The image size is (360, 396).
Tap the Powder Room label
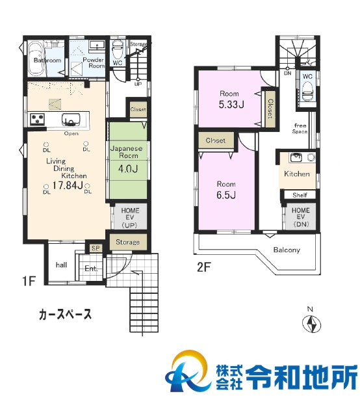[x=96, y=63]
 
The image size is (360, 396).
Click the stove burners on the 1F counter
[x=36, y=119]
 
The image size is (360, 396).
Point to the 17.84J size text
[x=68, y=185]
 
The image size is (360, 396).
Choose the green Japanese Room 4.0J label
[x=126, y=160]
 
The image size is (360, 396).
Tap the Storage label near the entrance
[x=128, y=243]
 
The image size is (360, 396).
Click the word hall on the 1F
[x=61, y=265]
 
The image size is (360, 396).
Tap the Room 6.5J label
[x=225, y=189]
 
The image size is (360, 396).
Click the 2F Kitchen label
[x=297, y=174]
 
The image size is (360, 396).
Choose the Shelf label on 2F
[x=299, y=195]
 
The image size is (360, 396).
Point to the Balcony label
[x=286, y=250]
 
